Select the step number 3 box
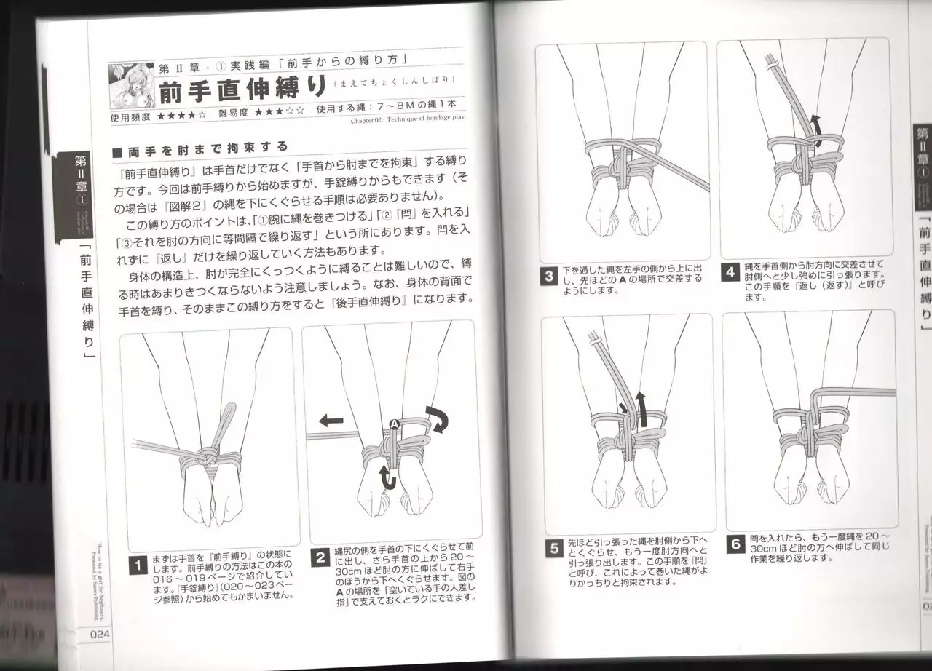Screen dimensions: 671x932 click(x=549, y=277)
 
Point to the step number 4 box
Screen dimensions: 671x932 click(x=730, y=273)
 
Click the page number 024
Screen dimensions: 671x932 click(x=100, y=633)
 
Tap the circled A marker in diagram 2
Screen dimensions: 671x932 click(x=394, y=424)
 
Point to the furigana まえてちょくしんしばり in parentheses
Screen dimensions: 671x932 click(x=394, y=81)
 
